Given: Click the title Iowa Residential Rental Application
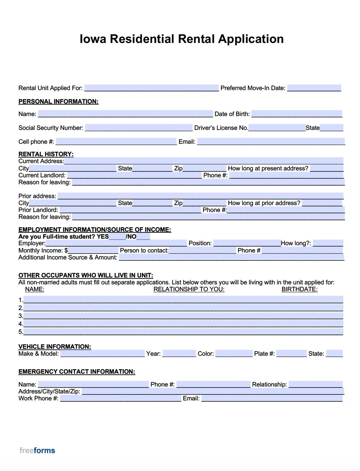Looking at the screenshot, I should click(181, 39).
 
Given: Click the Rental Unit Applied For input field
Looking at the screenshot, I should click(151, 88).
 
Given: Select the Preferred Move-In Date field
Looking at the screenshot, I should click(314, 88).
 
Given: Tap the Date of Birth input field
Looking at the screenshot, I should click(297, 114).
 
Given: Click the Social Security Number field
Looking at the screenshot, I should click(138, 128).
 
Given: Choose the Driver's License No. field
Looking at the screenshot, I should click(277, 128).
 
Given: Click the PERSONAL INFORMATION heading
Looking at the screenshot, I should click(58, 101).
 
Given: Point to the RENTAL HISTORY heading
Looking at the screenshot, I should click(46, 154).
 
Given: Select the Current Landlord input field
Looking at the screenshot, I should click(134, 175).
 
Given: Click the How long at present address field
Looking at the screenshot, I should click(326, 168).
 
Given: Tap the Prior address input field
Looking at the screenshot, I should click(200, 196).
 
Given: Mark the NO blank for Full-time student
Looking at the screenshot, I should click(143, 237).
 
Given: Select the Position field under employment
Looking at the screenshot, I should click(247, 243).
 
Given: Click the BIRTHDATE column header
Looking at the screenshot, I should click(299, 289).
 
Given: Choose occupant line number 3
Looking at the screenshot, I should click(183, 316).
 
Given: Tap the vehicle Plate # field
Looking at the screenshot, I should click(291, 354).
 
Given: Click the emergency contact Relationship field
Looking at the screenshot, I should click(315, 384).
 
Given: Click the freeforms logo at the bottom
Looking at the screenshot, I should click(37, 450).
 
